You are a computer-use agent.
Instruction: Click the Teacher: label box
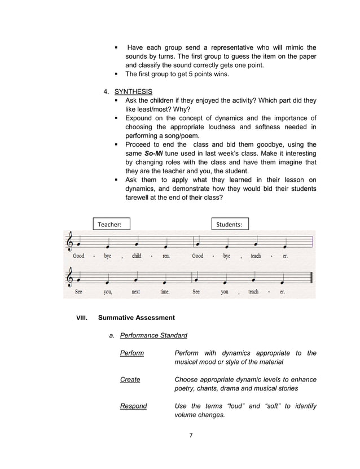pyautogui.click(x=112, y=224)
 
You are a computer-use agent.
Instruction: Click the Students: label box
pyautogui.click(x=230, y=224)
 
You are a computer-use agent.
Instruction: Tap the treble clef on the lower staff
pyautogui.click(x=70, y=278)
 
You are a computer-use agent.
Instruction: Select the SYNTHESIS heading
pyautogui.click(x=133, y=91)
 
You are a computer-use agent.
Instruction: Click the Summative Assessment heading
pyautogui.click(x=136, y=318)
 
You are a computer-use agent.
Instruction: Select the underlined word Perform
pyautogui.click(x=132, y=353)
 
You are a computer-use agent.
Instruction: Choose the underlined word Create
pyautogui.click(x=130, y=379)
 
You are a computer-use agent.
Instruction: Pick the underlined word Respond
pyautogui.click(x=133, y=406)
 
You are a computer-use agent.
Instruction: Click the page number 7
pyautogui.click(x=191, y=435)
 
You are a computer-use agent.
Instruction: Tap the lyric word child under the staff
pyautogui.click(x=137, y=256)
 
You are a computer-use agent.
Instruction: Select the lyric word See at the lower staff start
pyautogui.click(x=78, y=292)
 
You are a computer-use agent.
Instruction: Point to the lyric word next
pyautogui.click(x=136, y=292)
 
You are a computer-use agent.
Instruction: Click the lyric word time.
pyautogui.click(x=165, y=292)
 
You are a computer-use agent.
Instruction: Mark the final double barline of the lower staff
pyautogui.click(x=311, y=278)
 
